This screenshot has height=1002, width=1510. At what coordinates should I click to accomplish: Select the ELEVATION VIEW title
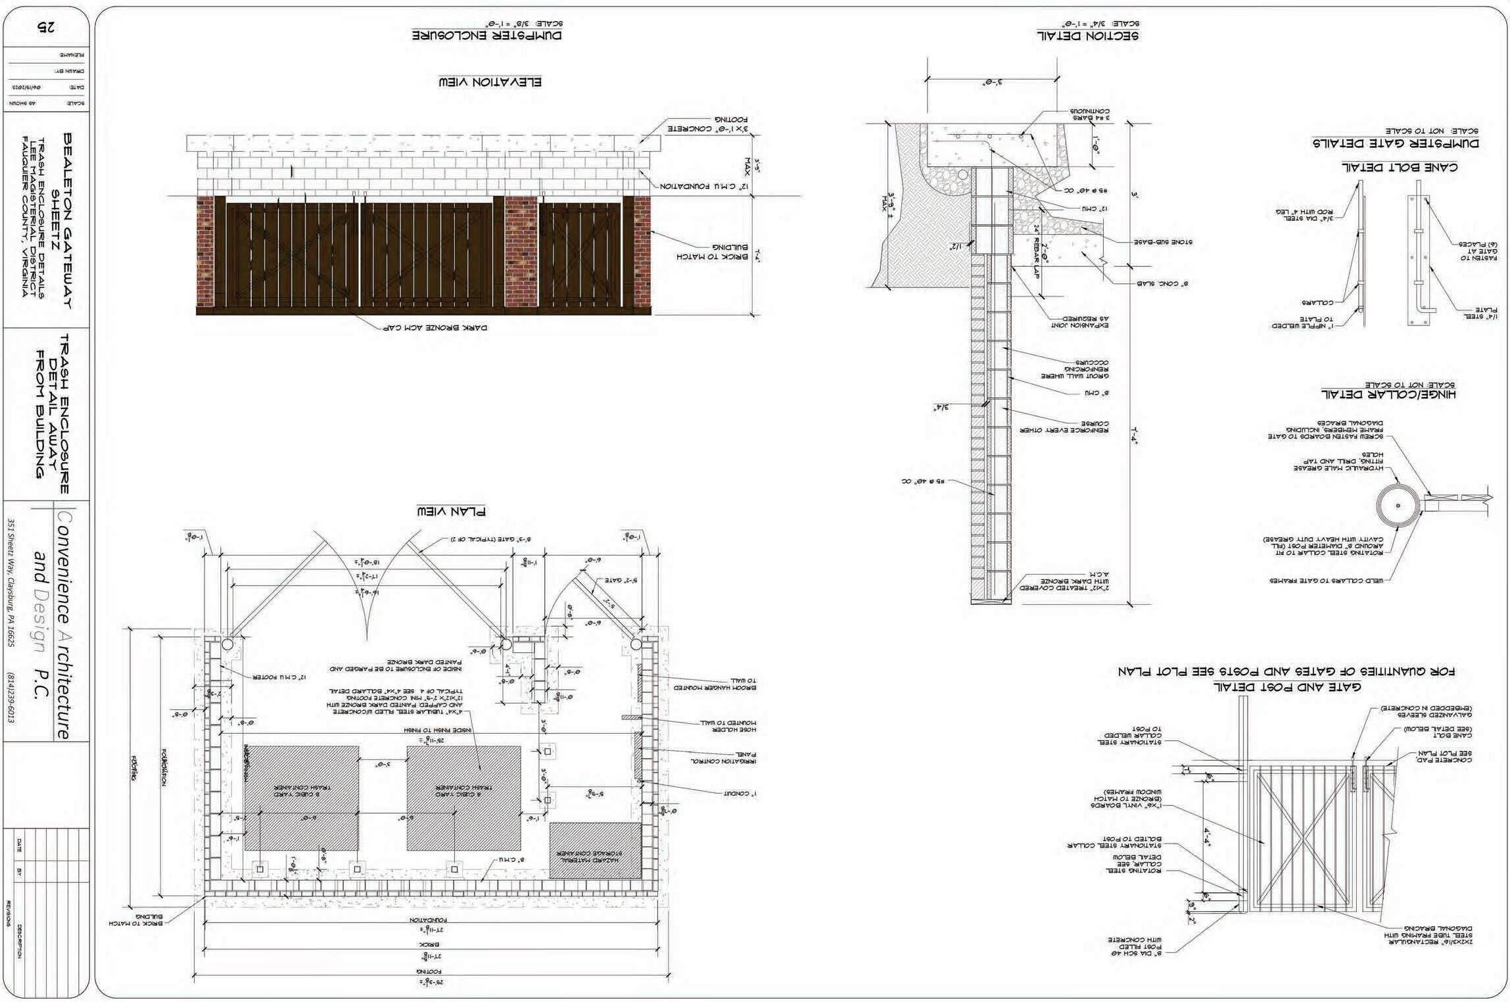coord(490,82)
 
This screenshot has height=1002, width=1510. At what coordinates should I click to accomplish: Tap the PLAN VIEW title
coord(451,511)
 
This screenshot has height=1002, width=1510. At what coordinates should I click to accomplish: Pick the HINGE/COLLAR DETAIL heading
coord(1388,394)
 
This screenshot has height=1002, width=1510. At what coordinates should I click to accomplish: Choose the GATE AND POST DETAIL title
coord(1286,686)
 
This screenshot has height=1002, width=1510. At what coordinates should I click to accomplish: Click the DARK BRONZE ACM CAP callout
coord(435,327)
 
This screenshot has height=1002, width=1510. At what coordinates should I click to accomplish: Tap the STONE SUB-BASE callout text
coord(1162,242)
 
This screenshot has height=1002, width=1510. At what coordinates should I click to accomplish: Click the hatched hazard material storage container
coord(595,850)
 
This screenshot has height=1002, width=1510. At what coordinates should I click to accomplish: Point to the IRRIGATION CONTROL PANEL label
coord(723,757)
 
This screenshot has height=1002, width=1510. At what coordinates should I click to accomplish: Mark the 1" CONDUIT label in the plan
coord(740,794)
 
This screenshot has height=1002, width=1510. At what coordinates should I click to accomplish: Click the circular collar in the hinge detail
coord(1398,506)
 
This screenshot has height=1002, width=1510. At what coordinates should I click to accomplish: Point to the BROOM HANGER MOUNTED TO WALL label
coord(715,684)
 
